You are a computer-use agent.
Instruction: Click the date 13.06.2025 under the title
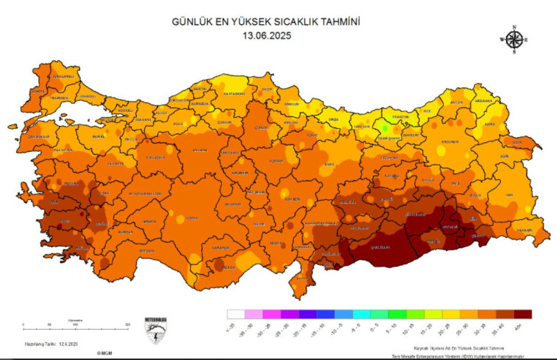tap(266, 35)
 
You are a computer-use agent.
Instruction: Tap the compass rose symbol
tap(514, 39)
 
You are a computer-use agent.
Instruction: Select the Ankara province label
tap(200, 151)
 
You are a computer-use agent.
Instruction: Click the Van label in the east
tap(509, 196)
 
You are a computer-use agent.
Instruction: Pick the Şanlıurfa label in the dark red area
tap(379, 247)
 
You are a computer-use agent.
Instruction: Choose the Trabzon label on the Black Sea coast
tap(400, 117)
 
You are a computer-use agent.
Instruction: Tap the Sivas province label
tap(329, 164)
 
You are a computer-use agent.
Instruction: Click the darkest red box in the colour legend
tap(522, 314)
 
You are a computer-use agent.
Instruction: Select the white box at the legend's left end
tap(236, 314)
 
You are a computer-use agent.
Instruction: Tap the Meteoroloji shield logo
tap(156, 331)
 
